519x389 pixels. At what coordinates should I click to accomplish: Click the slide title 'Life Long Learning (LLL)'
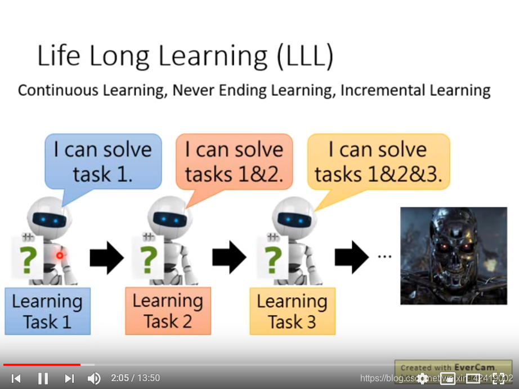(185, 56)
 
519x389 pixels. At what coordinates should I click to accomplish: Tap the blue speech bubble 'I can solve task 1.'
(103, 161)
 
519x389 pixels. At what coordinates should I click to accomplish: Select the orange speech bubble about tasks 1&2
(234, 161)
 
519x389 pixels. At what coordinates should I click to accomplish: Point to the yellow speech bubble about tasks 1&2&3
(378, 161)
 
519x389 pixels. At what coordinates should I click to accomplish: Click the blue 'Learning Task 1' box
(47, 311)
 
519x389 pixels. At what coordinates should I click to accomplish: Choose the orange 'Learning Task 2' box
(168, 311)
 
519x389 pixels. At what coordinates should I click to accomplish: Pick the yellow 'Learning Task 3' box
(292, 311)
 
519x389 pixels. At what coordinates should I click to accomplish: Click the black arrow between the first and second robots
(106, 257)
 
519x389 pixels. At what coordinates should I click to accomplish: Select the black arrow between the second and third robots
(229, 257)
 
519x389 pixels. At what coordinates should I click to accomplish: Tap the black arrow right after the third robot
(352, 257)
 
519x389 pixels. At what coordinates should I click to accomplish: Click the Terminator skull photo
(454, 256)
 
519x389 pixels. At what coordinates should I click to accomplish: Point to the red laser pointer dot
(59, 255)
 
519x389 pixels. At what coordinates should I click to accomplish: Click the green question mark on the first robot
(28, 259)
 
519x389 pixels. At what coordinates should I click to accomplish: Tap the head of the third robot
(293, 218)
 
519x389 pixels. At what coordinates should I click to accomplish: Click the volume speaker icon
(94, 378)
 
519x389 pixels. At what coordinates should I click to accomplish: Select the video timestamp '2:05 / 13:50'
(135, 378)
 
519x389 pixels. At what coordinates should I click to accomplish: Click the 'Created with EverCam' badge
(453, 367)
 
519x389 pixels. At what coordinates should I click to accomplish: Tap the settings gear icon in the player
(422, 378)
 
